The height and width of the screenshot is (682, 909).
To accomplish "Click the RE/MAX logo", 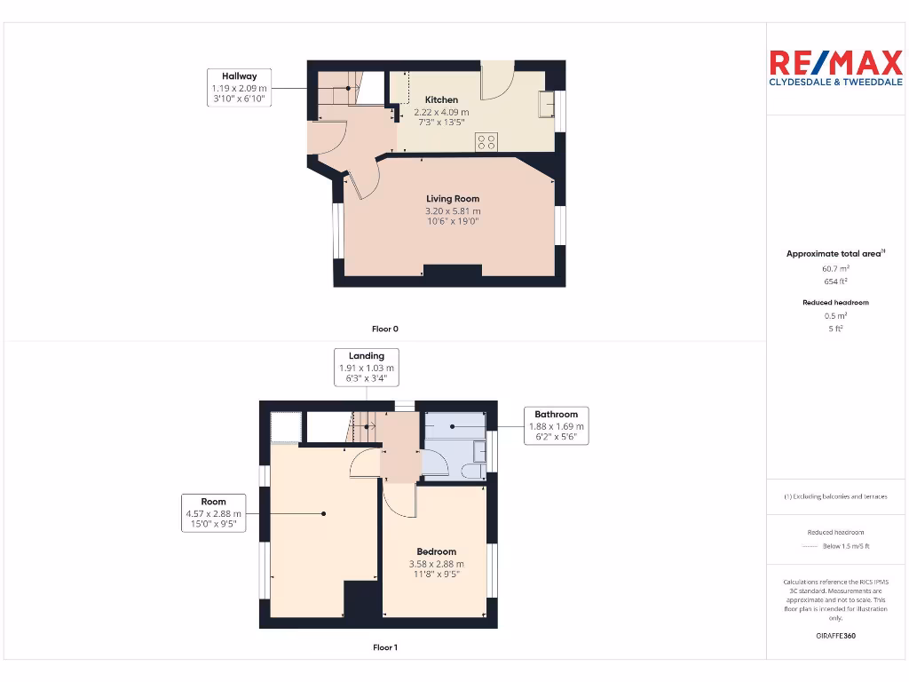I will coord(834,68).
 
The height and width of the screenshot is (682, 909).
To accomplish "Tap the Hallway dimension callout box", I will coord(239,89).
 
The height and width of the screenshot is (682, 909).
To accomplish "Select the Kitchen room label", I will coord(441,99).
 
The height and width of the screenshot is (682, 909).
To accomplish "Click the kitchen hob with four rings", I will coord(486,141).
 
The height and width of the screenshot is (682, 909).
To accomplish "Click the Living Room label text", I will coord(453,199).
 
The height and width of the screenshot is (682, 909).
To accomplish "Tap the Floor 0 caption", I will coord(384,329).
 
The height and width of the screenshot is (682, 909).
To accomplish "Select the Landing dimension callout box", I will coord(366,367).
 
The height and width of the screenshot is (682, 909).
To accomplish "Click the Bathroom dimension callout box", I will coord(556,425).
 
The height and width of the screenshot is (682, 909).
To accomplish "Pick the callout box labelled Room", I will coord(213,513).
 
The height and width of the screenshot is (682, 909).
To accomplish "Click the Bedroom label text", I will coord(436,551).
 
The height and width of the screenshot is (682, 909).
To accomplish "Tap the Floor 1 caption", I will coord(384,647).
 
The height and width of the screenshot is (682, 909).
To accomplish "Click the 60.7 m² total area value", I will coord(834,267).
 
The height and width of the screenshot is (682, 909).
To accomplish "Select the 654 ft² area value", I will coord(834,281).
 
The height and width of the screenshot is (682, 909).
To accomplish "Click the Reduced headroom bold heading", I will coord(834,303).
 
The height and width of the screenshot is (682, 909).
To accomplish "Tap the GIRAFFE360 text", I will coord(834,636).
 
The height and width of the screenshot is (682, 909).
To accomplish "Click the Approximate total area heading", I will coord(834,254).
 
